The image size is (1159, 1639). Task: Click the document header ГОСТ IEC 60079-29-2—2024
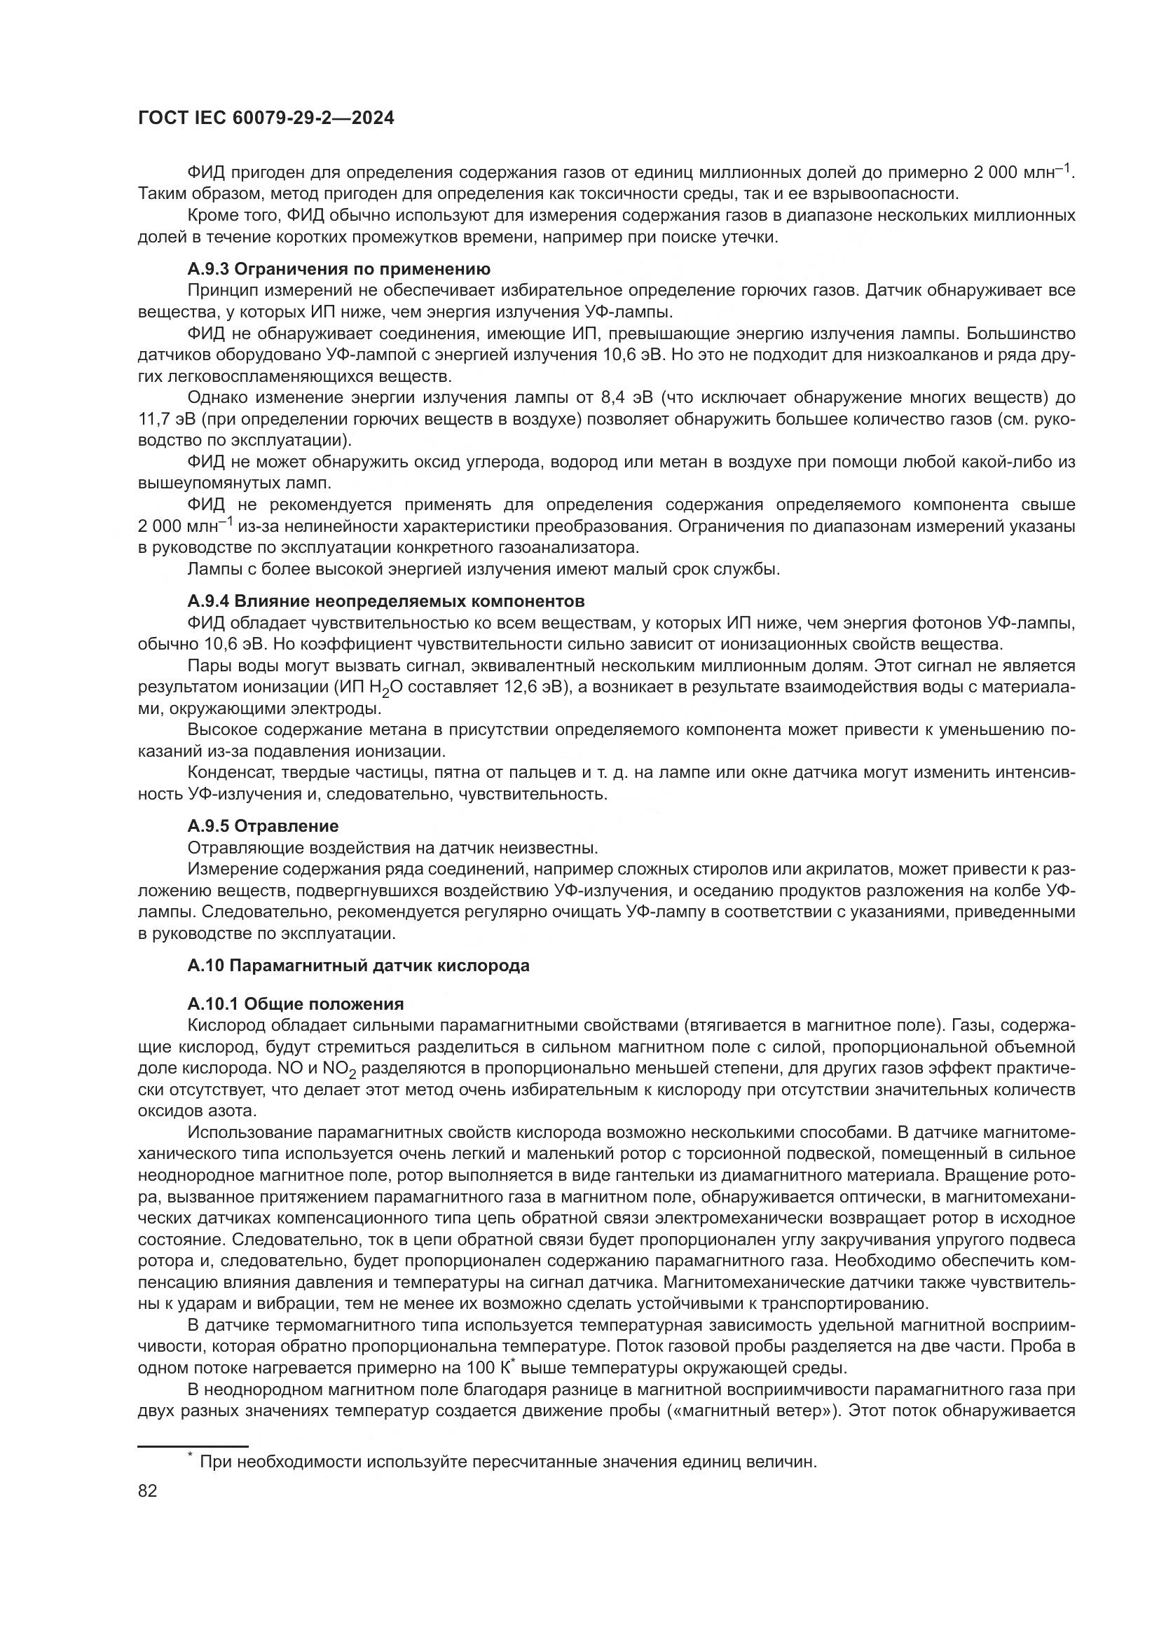pyautogui.click(x=266, y=118)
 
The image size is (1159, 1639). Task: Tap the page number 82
pyautogui.click(x=147, y=1490)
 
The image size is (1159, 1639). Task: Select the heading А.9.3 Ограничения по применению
pyautogui.click(x=338, y=269)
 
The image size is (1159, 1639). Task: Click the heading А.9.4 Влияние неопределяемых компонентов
pyautogui.click(x=385, y=602)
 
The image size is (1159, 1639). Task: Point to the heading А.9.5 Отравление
pyautogui.click(x=263, y=826)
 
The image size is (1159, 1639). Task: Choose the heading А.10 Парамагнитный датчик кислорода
pyautogui.click(x=358, y=966)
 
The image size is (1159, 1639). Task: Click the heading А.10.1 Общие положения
pyautogui.click(x=296, y=1004)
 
